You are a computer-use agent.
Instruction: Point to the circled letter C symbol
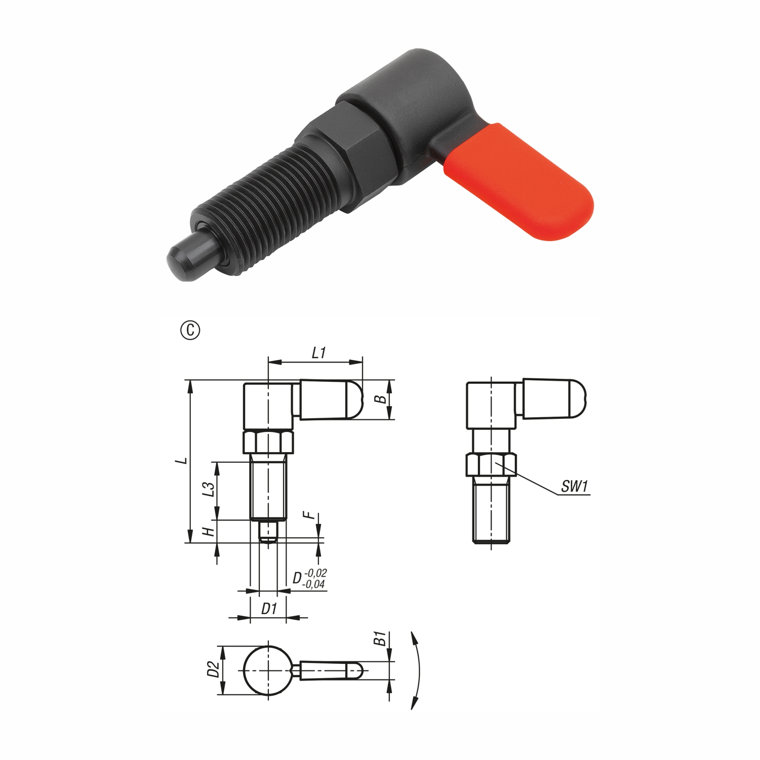[190, 331]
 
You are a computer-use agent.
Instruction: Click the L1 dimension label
[318, 352]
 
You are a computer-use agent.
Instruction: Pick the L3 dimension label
[209, 489]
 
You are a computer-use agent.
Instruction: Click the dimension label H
[209, 532]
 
